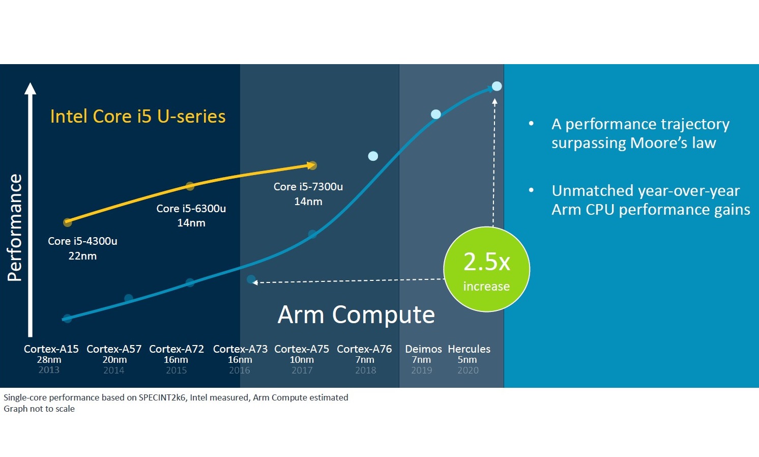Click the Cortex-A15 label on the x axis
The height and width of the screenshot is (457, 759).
51,349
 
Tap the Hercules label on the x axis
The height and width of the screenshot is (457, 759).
469,349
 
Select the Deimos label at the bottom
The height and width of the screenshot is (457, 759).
423,349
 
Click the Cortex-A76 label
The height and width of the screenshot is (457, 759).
364,349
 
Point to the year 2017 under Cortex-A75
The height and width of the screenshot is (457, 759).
302,370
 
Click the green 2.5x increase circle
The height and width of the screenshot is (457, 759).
486,269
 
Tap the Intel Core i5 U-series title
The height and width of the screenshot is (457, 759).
138,117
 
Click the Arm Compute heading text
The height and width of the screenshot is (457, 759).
356,315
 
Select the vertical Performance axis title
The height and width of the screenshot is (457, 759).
15,227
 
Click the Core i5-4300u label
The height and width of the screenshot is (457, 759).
82,241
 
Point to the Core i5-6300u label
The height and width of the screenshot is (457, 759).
191,209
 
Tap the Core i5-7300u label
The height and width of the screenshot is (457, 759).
308,187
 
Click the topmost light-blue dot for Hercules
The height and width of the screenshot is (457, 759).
497,86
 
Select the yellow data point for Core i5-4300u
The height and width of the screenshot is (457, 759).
67,222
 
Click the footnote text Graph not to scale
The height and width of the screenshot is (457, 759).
39,409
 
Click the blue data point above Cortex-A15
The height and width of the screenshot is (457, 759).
67,319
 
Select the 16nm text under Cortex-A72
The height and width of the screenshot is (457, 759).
176,360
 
